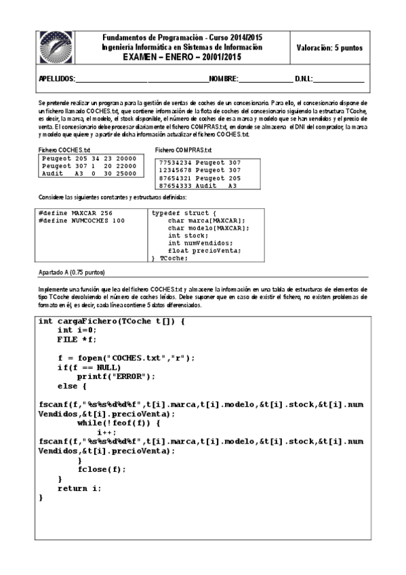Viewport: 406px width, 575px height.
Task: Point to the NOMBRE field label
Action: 223,79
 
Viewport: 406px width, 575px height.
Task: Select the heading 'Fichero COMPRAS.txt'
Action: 184,150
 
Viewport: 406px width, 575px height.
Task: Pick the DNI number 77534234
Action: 174,162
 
